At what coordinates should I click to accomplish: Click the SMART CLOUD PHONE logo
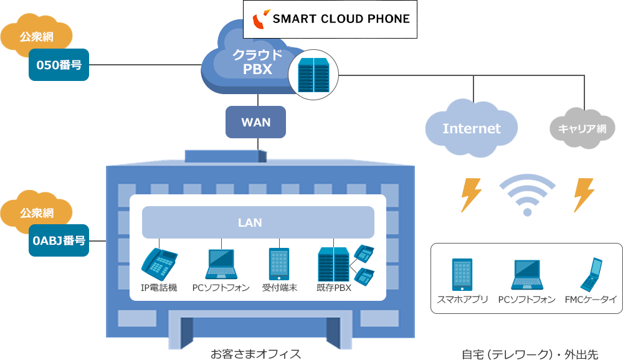[330, 19]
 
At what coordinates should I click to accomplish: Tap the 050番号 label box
[59, 65]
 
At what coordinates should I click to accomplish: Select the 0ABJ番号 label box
[59, 240]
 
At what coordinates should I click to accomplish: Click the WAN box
[256, 122]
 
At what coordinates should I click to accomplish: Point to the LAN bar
[258, 222]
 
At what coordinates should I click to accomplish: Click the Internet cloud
[472, 128]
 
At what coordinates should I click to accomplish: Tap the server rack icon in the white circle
[313, 74]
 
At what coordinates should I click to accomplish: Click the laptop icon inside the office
[221, 264]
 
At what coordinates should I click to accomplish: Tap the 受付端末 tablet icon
[278, 264]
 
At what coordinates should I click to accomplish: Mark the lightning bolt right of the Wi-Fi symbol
[584, 195]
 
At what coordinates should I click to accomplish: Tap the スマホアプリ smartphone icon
[462, 275]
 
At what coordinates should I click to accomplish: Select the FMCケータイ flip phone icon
[591, 275]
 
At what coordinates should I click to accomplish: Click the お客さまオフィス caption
[255, 354]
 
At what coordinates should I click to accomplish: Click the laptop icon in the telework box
[526, 275]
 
